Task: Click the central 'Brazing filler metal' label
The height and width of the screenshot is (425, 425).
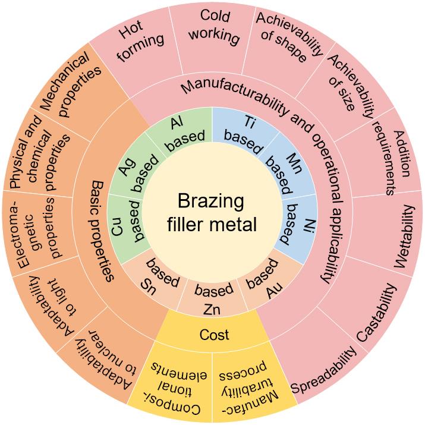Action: point(212,212)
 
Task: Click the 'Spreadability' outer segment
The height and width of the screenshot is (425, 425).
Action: point(327,370)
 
